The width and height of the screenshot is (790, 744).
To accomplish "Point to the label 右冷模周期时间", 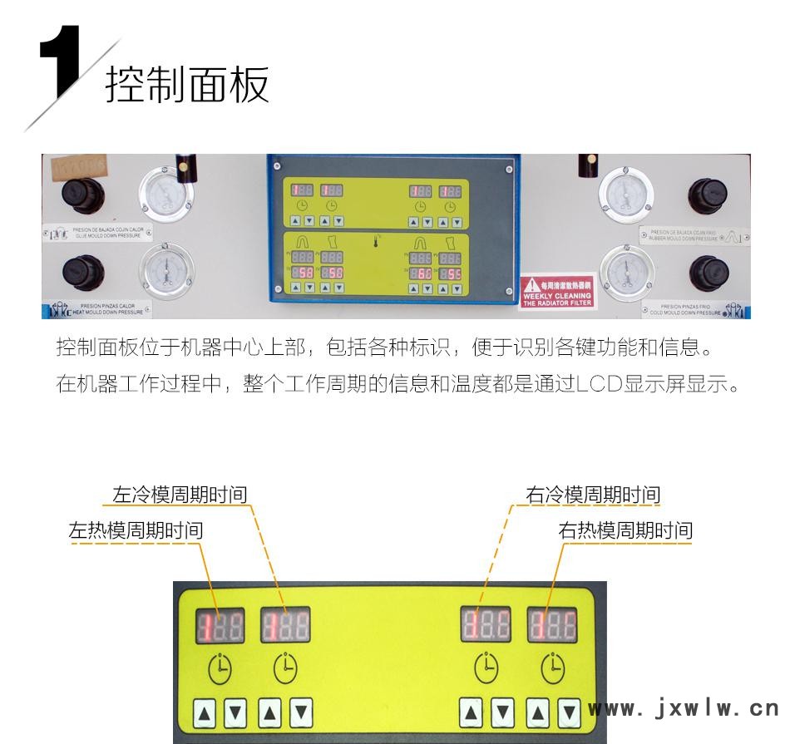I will [593, 496].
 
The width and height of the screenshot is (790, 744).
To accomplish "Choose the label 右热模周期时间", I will [625, 530].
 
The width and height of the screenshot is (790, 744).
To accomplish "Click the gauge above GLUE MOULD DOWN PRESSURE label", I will [166, 193].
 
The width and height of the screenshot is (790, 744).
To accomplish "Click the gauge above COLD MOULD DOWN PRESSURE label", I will [625, 272].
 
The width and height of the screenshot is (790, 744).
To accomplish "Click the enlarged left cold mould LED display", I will [285, 625].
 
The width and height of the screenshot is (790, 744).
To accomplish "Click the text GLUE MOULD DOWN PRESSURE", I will [107, 238].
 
